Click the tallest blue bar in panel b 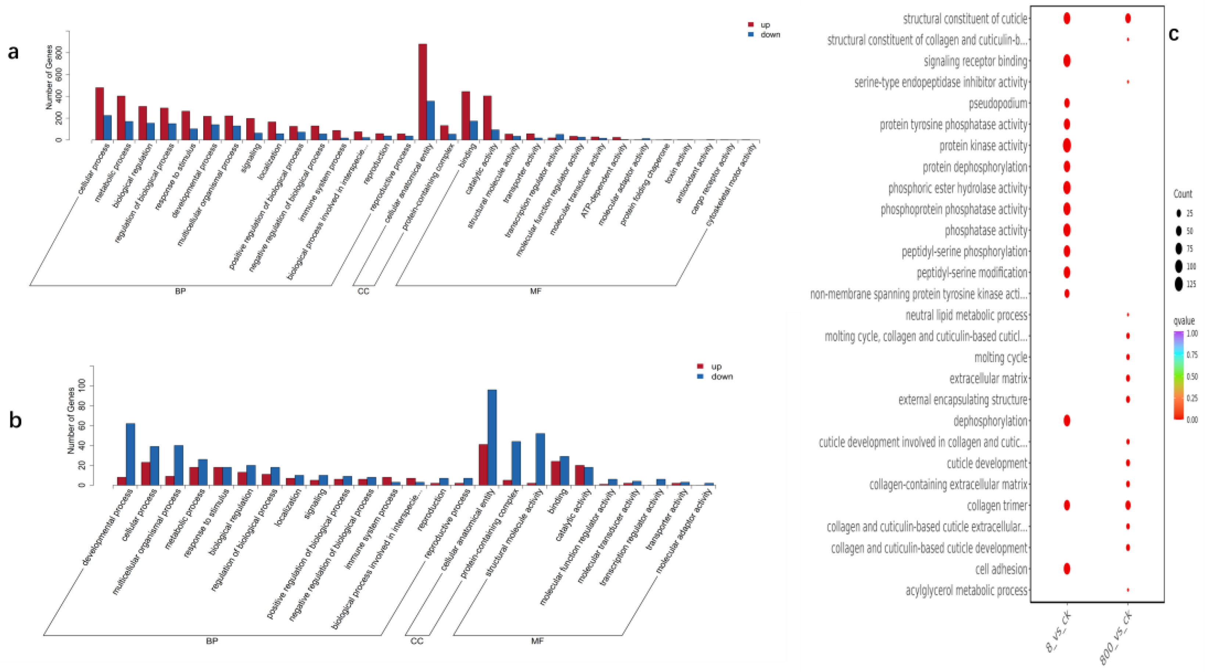pyautogui.click(x=492, y=437)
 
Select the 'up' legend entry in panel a pyautogui.click(x=765, y=24)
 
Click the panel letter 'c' pyautogui.click(x=1174, y=34)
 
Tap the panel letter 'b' pyautogui.click(x=15, y=420)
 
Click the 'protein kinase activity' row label pyautogui.click(x=983, y=146)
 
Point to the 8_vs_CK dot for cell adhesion pyautogui.click(x=1067, y=569)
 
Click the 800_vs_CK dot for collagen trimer pyautogui.click(x=1128, y=505)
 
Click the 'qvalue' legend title pyautogui.click(x=1184, y=321)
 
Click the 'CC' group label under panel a pyautogui.click(x=363, y=291)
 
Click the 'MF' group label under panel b pyautogui.click(x=537, y=641)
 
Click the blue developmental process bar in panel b pyautogui.click(x=130, y=454)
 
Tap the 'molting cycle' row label pyautogui.click(x=1001, y=357)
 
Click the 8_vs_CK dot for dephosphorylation pyautogui.click(x=1067, y=421)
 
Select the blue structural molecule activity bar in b pyautogui.click(x=540, y=459)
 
